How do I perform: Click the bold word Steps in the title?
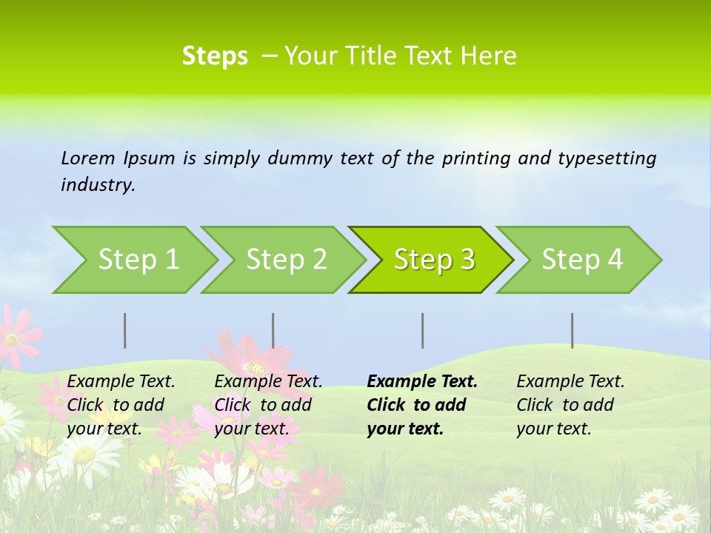(215, 56)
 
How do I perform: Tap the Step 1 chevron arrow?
(138, 259)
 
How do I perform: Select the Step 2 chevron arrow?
(286, 259)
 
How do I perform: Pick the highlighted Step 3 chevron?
(433, 259)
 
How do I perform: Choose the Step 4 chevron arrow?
(581, 259)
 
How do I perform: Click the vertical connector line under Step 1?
(125, 330)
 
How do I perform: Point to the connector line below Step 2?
(273, 330)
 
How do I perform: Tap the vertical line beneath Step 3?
(423, 330)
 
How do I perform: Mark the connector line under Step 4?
(573, 330)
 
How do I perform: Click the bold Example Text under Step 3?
(421, 405)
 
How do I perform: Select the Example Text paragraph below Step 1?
(121, 405)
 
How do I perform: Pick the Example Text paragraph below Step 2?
(268, 405)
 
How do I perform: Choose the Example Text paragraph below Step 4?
(570, 405)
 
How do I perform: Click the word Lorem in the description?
(88, 158)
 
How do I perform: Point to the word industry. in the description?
(98, 184)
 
